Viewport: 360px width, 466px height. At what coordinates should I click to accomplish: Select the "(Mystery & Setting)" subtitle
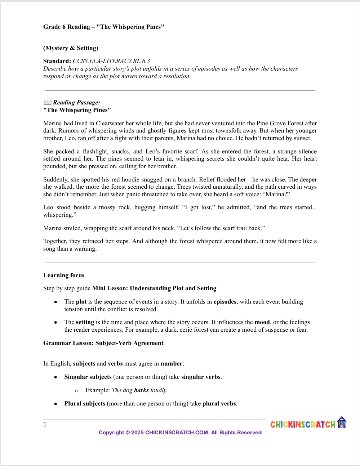71,48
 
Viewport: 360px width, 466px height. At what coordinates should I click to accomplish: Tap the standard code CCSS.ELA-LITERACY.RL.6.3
111,61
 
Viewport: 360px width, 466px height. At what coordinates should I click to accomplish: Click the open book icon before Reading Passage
47,103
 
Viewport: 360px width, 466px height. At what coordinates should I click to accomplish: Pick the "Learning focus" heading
64,275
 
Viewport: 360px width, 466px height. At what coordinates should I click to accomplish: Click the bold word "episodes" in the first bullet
225,302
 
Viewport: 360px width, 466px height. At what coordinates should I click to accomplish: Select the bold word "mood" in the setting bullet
262,322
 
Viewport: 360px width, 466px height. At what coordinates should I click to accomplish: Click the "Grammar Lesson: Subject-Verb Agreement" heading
103,343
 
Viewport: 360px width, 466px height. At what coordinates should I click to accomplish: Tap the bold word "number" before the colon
171,364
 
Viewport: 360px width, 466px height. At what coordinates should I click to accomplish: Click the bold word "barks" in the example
141,390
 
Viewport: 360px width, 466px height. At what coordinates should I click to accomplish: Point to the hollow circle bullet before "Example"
76,391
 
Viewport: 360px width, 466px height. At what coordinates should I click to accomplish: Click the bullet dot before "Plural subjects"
55,404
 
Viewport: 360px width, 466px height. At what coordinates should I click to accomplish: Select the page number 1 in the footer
45,425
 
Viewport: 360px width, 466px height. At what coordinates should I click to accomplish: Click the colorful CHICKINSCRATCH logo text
303,425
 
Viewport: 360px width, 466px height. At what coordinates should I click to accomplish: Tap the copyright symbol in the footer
127,433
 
